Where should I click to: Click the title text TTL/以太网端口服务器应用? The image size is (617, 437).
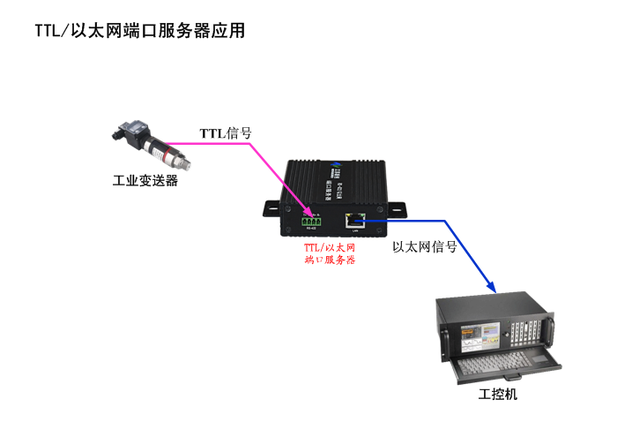point(139,31)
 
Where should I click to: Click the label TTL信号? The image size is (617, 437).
point(226,133)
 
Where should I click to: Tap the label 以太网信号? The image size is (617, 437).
point(424,247)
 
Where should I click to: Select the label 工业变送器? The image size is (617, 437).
point(145,181)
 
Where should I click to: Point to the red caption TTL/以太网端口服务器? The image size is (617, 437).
point(329,255)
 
